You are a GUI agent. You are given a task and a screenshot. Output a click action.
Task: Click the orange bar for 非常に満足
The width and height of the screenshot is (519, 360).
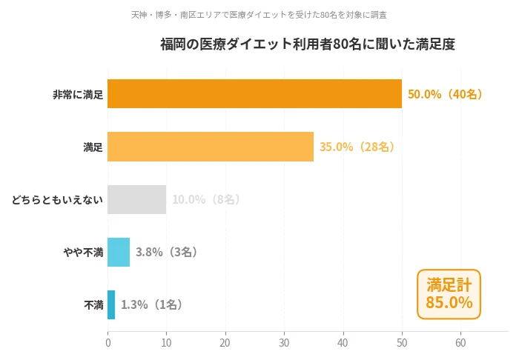[x=254, y=94]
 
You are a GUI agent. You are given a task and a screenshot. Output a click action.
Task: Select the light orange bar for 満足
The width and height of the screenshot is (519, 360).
[x=211, y=147]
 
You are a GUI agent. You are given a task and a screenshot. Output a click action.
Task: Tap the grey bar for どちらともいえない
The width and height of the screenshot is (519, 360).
[x=136, y=199]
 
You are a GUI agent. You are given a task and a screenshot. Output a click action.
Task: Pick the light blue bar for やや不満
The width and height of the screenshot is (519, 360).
[x=119, y=252]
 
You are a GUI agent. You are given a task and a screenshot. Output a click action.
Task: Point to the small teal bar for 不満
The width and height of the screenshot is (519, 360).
[x=111, y=304]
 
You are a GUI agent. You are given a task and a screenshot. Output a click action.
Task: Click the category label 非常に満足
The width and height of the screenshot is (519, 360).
[x=78, y=95]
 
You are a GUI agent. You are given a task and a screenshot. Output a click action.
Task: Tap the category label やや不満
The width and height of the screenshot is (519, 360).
[x=83, y=252]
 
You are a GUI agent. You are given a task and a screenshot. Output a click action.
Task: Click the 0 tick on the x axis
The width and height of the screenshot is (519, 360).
[x=108, y=343]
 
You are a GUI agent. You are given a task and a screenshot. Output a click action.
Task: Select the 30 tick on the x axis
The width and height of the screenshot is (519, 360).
[x=284, y=343]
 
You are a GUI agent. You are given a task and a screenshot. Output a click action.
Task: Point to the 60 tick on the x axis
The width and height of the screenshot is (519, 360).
[x=460, y=343]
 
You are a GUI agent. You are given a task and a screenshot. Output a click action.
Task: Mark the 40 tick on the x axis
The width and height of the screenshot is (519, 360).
[x=343, y=343]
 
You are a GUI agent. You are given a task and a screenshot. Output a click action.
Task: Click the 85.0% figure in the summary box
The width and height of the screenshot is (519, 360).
[x=449, y=302]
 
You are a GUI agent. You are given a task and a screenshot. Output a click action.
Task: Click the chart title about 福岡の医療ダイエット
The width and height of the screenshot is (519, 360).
[x=308, y=44]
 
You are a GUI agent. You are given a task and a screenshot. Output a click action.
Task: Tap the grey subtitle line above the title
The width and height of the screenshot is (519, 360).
[x=259, y=15]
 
